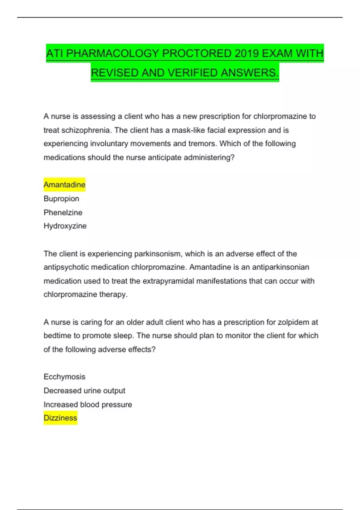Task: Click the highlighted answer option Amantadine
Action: point(64,184)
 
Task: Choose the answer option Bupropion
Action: point(61,199)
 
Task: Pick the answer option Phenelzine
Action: point(63,212)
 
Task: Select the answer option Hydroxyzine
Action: point(65,226)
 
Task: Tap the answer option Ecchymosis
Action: point(64,377)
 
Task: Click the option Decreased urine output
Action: point(84,391)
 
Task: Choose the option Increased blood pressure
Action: point(88,404)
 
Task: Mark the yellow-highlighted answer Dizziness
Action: point(60,418)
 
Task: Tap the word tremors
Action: point(202,144)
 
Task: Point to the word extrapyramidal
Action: point(168,281)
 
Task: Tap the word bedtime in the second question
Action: point(58,336)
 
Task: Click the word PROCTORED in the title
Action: point(196,53)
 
